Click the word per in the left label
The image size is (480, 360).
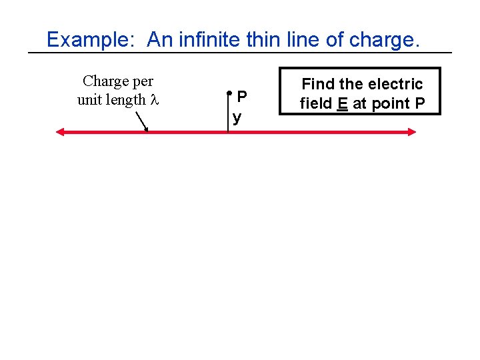coord(141,82)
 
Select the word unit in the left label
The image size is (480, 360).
coord(89,101)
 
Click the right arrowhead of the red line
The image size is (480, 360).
coord(411,132)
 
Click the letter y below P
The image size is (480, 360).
coord(237,119)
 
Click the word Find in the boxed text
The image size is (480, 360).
coord(317,84)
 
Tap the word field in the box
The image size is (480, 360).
coord(315,103)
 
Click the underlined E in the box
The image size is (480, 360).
coord(343,103)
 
